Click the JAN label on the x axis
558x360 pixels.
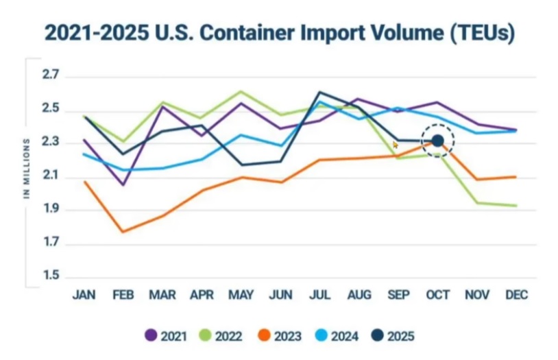point(84,295)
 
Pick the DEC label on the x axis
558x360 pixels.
point(516,295)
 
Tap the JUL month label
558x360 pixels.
point(319,295)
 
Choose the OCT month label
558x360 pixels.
point(438,295)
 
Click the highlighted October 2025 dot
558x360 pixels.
point(438,141)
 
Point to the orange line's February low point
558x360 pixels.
point(123,232)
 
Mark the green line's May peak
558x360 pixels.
point(241,91)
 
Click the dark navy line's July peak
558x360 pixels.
point(319,92)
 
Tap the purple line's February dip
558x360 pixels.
point(123,185)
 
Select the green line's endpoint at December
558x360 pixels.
point(516,205)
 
